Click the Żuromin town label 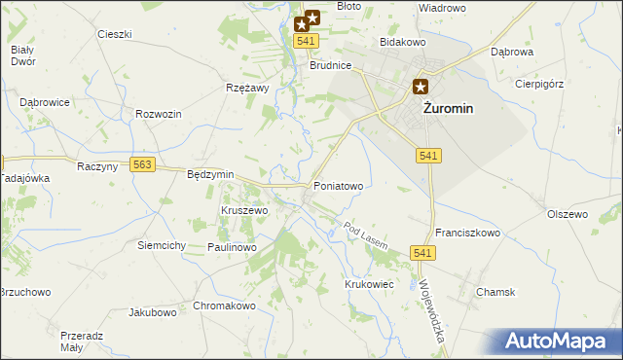(448, 109)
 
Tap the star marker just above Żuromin (421, 86)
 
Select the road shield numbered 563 (143, 165)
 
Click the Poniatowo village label (338, 185)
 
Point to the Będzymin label (210, 174)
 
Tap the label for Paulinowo (231, 248)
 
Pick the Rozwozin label (160, 115)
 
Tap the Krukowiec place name (368, 284)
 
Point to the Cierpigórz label (539, 84)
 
